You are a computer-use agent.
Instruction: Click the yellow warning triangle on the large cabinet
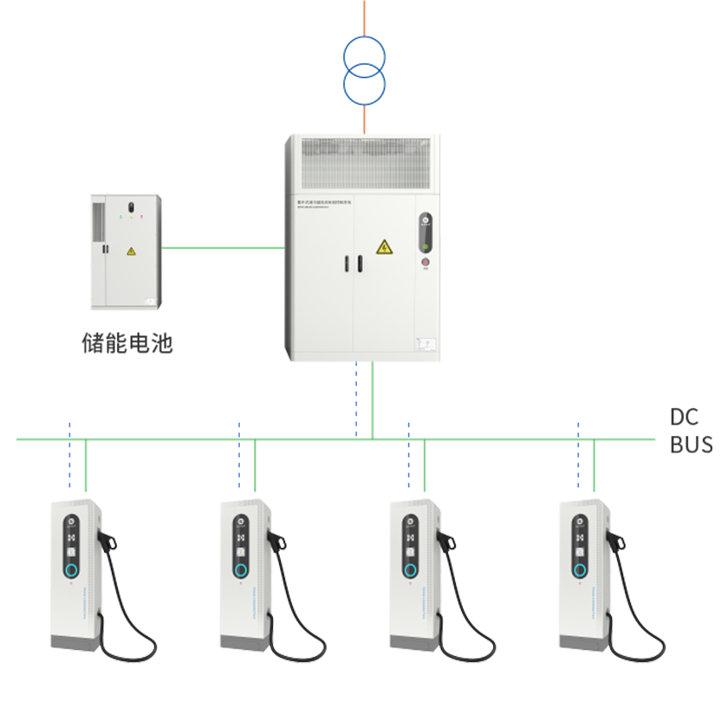(384, 247)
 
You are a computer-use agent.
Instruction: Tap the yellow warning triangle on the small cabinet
(131, 251)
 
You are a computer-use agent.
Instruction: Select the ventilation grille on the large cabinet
(364, 162)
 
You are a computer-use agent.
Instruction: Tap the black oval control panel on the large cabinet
(425, 231)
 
